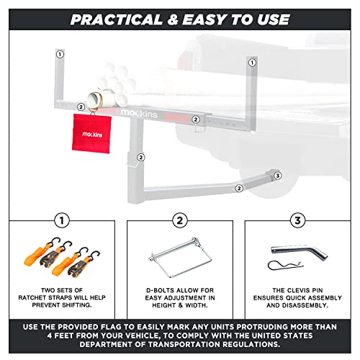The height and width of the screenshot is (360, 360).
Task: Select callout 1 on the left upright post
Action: point(60,53)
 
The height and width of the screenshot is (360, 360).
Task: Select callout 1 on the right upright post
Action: point(252,63)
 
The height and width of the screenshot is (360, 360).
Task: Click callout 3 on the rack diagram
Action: point(278,175)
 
